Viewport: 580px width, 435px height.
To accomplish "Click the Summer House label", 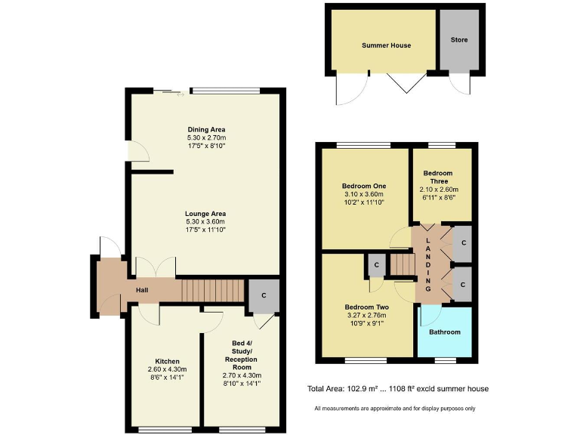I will pyautogui.click(x=386, y=45).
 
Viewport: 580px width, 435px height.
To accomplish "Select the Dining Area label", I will pyautogui.click(x=206, y=129).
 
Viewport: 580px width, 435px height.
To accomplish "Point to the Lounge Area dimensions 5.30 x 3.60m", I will pyautogui.click(x=206, y=221).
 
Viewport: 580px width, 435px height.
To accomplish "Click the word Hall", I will pyautogui.click(x=142, y=290).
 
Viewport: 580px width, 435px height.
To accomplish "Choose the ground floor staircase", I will pyautogui.click(x=213, y=290).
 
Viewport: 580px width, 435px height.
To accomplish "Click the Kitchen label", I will pyautogui.click(x=167, y=361).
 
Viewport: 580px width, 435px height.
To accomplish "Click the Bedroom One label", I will pyautogui.click(x=364, y=186).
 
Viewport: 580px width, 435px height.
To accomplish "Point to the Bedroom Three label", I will pyautogui.click(x=439, y=177).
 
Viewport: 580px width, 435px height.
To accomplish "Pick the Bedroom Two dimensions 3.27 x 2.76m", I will pyautogui.click(x=366, y=316).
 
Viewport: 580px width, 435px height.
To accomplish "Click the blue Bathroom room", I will pyautogui.click(x=445, y=332).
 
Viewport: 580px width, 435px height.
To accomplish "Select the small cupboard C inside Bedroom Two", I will pyautogui.click(x=375, y=265).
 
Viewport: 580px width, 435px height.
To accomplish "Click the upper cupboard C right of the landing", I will pyautogui.click(x=463, y=243).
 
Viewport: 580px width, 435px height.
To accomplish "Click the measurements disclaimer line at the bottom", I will pyautogui.click(x=395, y=409).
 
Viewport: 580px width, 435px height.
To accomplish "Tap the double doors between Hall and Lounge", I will pyautogui.click(x=155, y=267).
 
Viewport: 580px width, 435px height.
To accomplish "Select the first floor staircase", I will pyautogui.click(x=403, y=265).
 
